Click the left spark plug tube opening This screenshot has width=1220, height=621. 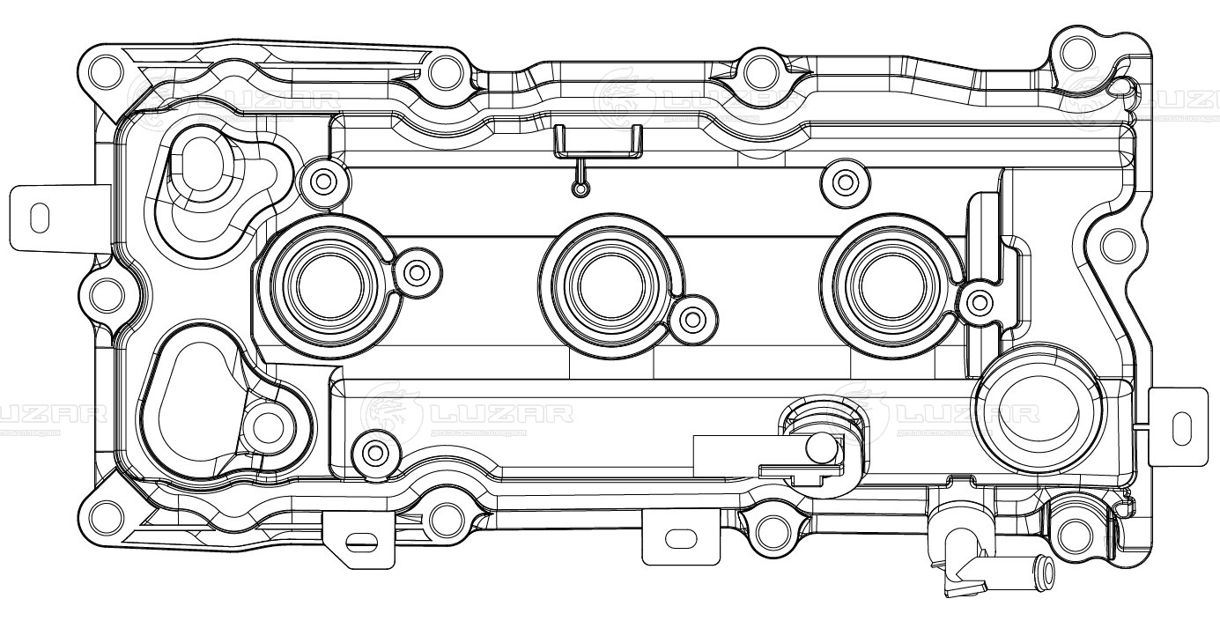point(324,285)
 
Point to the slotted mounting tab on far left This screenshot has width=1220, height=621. point(40,217)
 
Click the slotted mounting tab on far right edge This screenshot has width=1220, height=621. point(1179,426)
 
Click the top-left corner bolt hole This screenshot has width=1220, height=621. point(106,68)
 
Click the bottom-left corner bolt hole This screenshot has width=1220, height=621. point(106,514)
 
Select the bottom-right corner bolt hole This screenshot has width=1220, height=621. point(1073,534)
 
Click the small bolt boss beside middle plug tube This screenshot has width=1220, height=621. point(694,317)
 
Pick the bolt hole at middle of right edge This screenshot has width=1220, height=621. point(1114,240)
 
